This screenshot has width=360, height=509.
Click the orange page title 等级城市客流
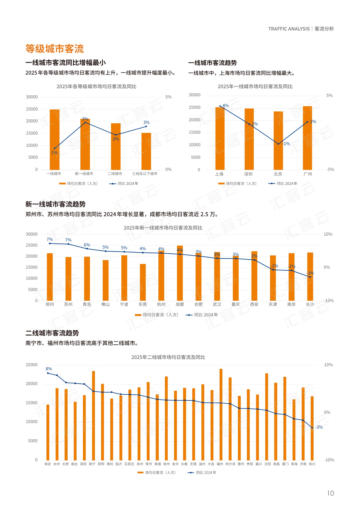tap(55, 48)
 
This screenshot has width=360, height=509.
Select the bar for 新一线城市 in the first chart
tap(85, 145)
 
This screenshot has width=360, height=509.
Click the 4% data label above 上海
tap(225, 106)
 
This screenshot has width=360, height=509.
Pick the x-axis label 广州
tap(308, 174)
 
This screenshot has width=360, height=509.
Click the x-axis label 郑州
tap(50, 304)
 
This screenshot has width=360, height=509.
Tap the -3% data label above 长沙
tap(310, 273)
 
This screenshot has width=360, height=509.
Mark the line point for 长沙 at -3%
tap(310, 277)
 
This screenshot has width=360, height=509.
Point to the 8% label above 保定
tap(49, 369)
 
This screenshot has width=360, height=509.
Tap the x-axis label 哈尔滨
tap(230, 464)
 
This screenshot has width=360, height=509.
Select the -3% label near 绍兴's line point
tap(319, 427)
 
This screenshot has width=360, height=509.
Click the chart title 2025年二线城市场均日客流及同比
tap(168, 357)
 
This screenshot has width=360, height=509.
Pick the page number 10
tap(330, 493)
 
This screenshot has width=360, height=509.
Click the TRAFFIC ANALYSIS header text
tap(289, 29)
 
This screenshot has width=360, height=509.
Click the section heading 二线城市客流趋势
tap(52, 333)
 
